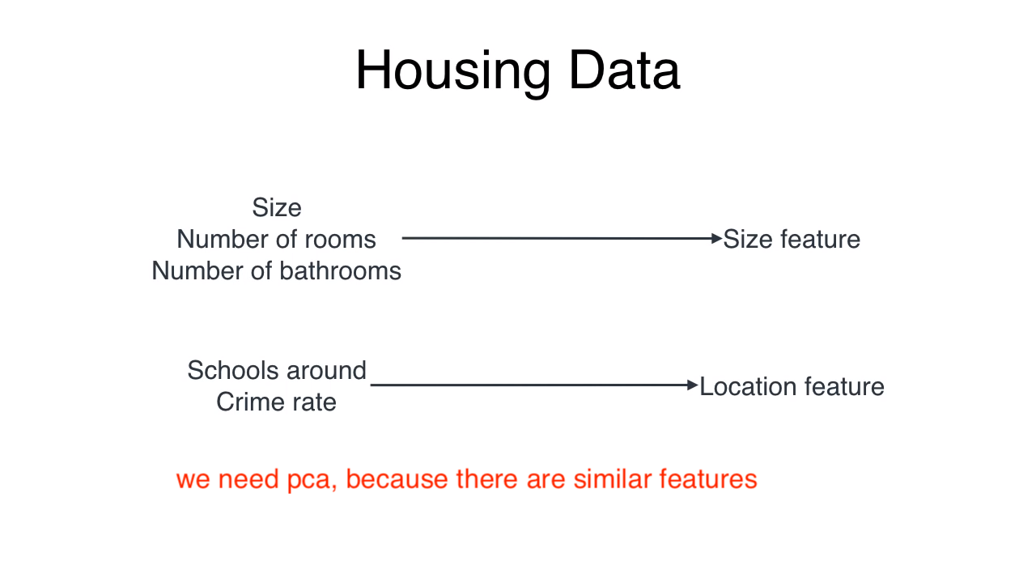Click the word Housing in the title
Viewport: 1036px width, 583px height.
point(453,73)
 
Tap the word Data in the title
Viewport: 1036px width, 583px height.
point(624,70)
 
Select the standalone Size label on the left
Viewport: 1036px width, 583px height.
point(277,208)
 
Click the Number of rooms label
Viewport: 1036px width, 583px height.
point(276,239)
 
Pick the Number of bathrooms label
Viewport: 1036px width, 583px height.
point(276,270)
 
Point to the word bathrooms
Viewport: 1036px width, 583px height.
point(340,270)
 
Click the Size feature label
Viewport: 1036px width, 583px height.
point(792,239)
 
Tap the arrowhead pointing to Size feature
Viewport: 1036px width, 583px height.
point(716,239)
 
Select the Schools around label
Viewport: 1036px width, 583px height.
point(277,371)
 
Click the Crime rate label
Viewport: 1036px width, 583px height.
point(276,402)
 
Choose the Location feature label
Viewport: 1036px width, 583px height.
point(792,386)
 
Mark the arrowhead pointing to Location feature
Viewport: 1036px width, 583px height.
point(692,385)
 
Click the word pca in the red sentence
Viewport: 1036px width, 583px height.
point(309,480)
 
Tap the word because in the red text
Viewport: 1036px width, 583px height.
point(397,479)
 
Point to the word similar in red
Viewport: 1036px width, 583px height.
point(613,479)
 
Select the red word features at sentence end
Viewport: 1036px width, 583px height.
point(708,479)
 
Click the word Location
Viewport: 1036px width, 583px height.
point(749,386)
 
